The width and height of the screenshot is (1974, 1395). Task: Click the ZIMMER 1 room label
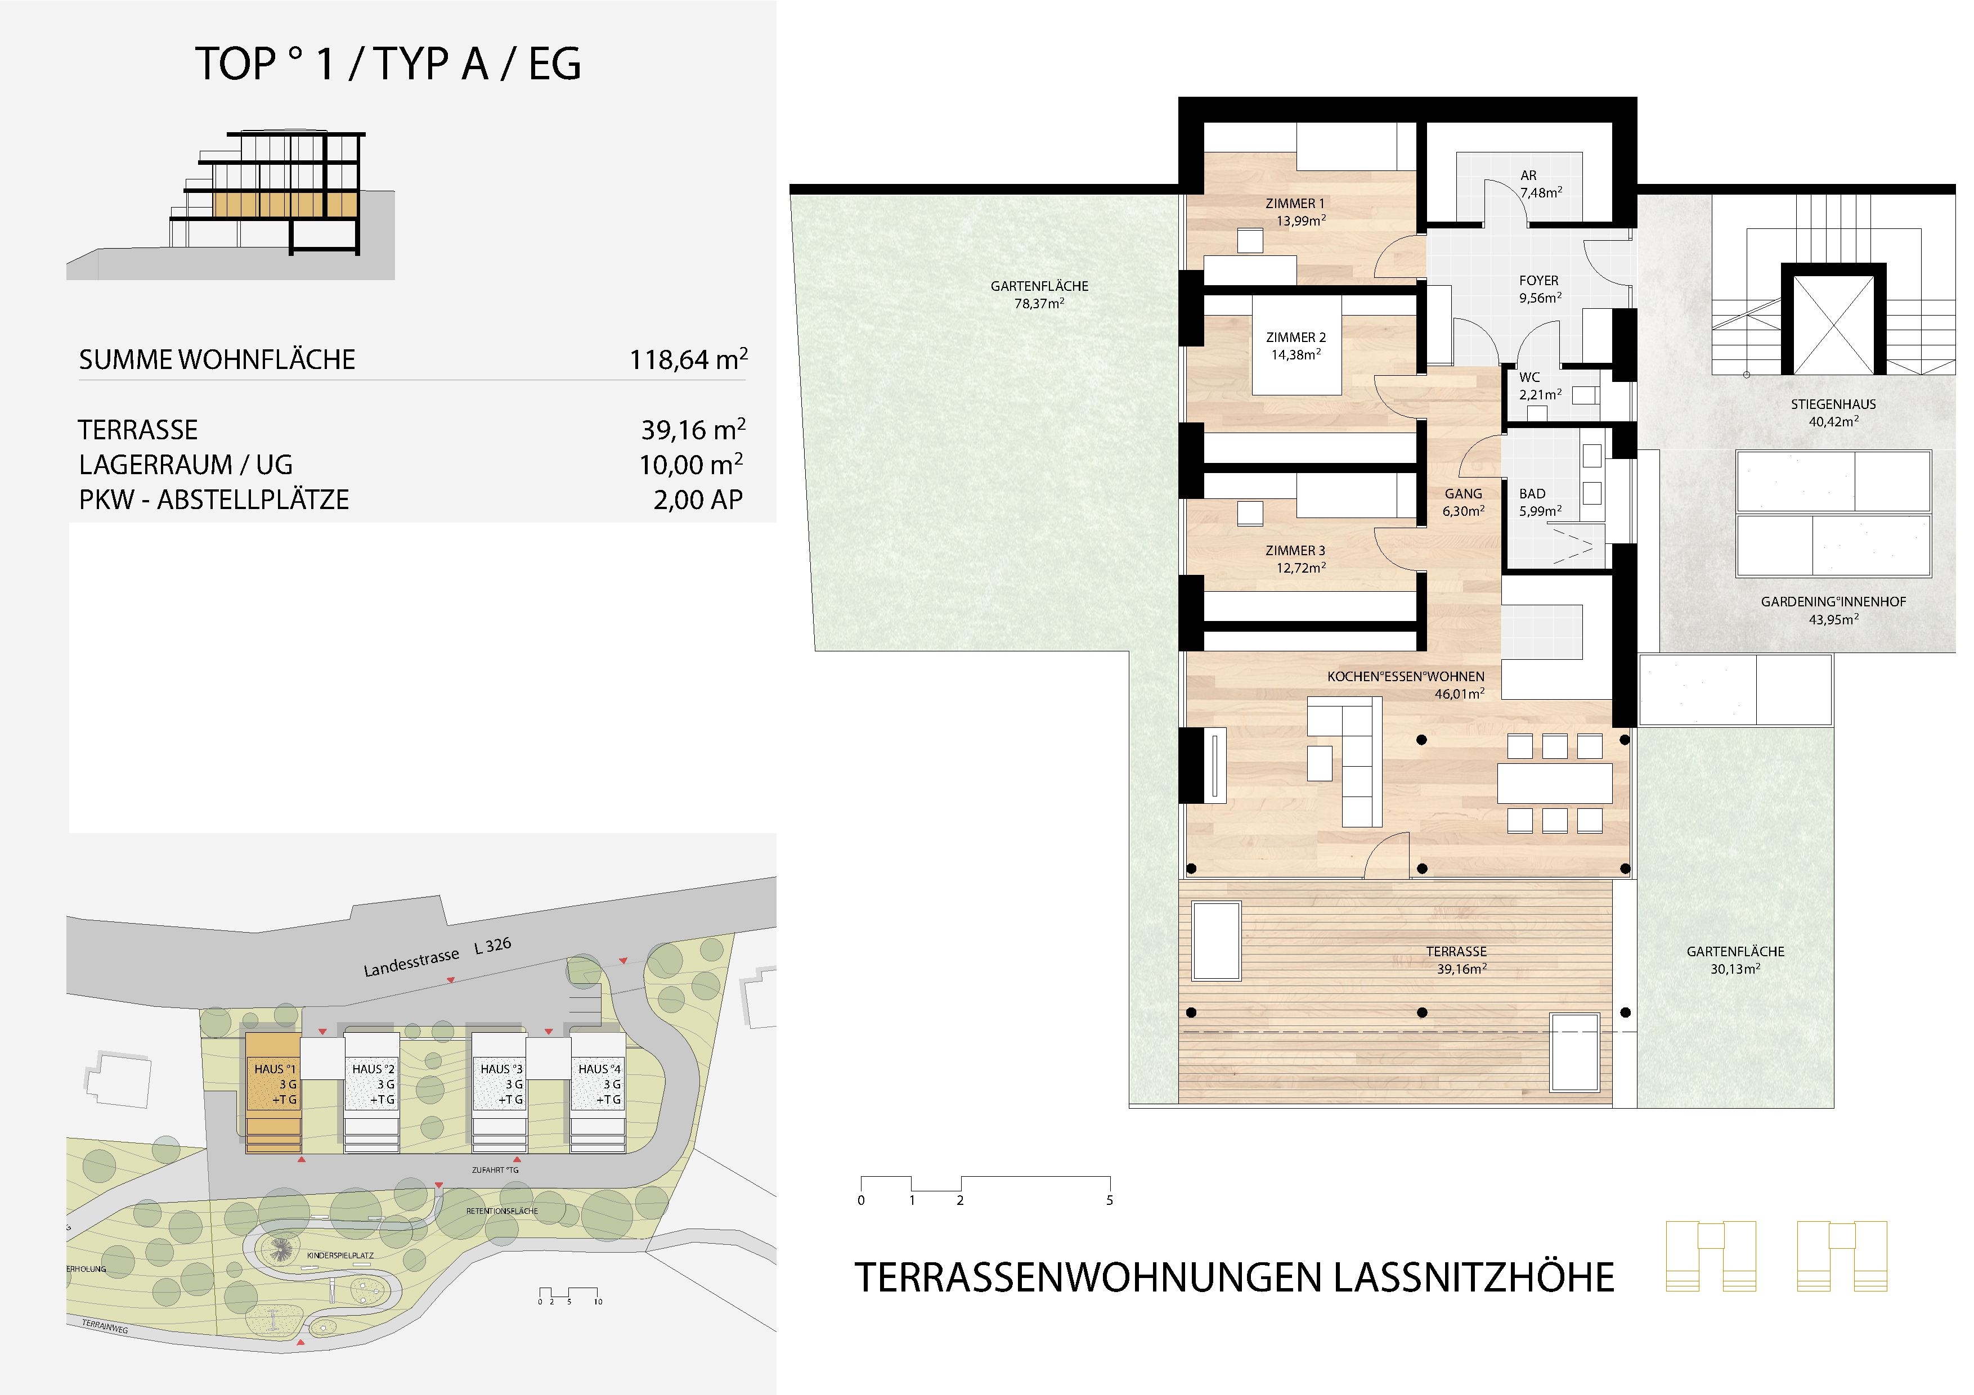(1295, 204)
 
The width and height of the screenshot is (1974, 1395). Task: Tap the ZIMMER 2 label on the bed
(1296, 338)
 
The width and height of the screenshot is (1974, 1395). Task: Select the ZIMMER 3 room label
(1295, 551)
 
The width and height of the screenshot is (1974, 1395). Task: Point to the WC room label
(1529, 377)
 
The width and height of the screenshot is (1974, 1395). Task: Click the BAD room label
(1532, 494)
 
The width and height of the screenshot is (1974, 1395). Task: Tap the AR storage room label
(1528, 175)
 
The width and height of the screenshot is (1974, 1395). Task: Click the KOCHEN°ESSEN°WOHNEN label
(1406, 677)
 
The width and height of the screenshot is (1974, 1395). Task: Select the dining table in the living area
(1554, 783)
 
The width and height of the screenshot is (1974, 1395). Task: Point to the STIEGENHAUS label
(1834, 404)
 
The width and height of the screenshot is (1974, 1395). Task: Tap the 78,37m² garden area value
(1039, 303)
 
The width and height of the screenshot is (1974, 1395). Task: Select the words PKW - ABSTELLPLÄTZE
(214, 500)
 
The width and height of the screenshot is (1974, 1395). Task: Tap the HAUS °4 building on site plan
(598, 1092)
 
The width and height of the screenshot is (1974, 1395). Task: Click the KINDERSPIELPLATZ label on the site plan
(340, 1255)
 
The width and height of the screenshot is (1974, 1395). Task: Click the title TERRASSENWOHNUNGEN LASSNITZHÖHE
(1235, 1278)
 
